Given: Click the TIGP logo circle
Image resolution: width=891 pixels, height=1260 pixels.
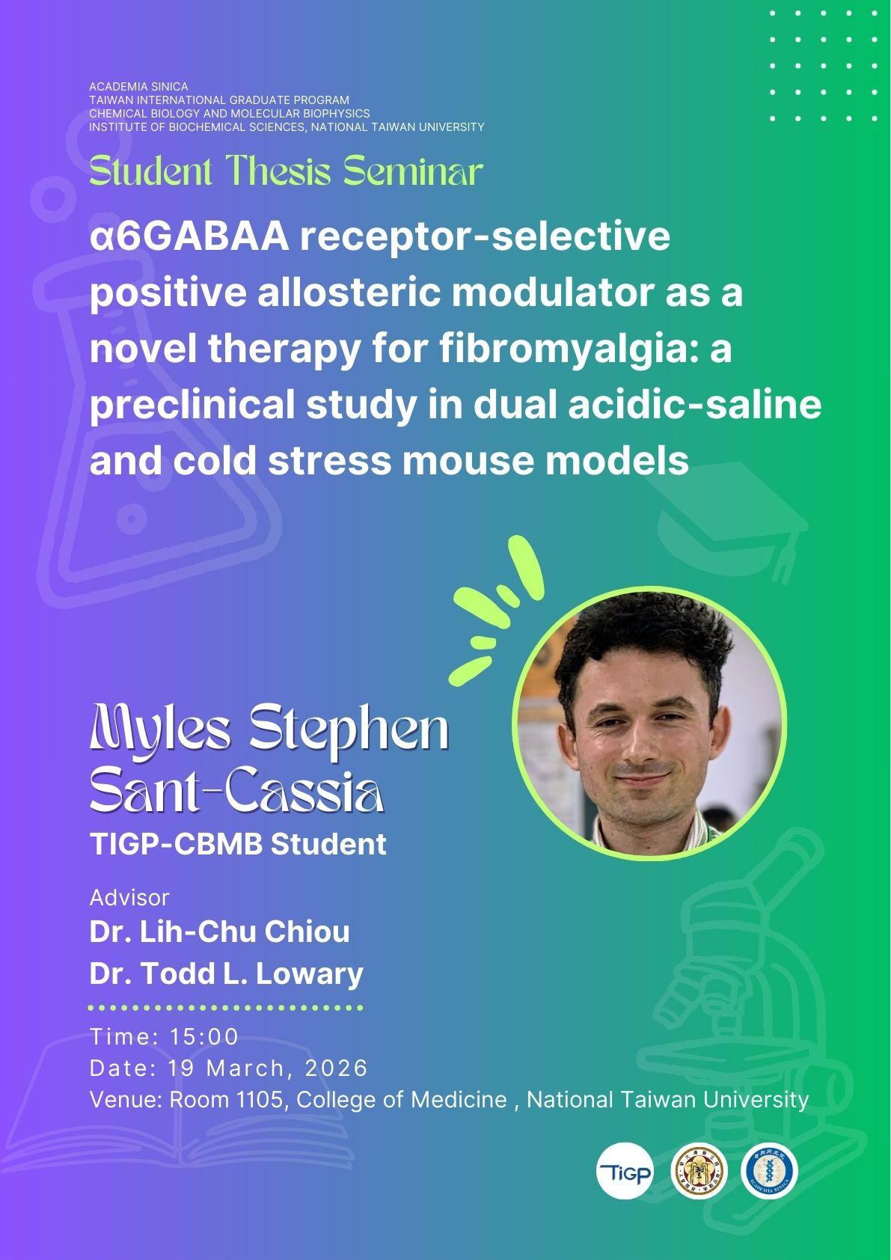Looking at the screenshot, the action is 625,1170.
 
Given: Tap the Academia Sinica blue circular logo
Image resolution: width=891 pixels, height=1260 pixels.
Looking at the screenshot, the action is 769,1170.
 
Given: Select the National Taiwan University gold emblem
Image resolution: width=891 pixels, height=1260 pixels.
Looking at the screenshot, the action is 699,1170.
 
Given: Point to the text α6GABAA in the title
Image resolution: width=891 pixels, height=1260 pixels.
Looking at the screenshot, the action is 189,237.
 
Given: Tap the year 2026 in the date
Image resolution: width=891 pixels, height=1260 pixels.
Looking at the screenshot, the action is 337,1068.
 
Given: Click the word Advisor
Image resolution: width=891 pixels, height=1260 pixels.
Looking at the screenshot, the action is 129,898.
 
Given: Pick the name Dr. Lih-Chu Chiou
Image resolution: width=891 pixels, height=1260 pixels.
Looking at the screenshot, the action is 220,932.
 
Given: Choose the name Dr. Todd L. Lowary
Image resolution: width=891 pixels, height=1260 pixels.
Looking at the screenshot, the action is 227,973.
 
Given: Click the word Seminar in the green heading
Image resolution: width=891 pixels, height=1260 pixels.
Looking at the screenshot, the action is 413,171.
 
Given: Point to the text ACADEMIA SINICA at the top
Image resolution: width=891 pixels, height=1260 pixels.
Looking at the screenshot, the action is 139,87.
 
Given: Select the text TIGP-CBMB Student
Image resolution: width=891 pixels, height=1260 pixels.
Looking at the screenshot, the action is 238,844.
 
